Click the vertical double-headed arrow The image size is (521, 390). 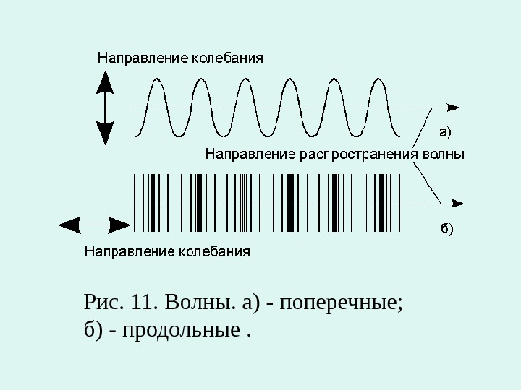coord(105,108)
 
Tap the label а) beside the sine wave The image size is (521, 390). coord(446,131)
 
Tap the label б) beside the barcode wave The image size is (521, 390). coord(446,229)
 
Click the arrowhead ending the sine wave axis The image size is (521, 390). coord(454,107)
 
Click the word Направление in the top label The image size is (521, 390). coord(142,57)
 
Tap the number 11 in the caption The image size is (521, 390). coord(140,301)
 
